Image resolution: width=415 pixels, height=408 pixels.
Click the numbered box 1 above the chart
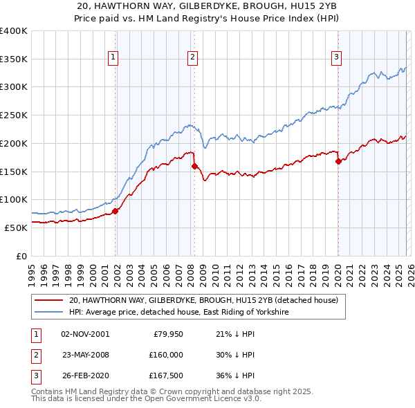tap(113, 58)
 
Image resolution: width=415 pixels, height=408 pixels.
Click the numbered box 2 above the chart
tap(192, 58)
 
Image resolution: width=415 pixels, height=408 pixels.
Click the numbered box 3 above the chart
tap(336, 58)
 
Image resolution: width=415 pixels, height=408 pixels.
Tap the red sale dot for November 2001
tap(116, 211)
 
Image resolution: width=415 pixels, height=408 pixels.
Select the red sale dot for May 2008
tap(194, 166)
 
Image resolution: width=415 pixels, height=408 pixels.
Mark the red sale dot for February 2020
tap(338, 162)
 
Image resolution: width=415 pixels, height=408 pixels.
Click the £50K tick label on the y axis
tap(15, 228)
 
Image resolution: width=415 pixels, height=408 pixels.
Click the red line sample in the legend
tap(49, 301)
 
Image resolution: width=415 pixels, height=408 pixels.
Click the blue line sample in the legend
tap(49, 313)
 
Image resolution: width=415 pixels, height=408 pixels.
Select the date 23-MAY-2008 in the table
tap(85, 355)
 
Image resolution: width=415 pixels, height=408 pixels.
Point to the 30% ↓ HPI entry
tap(235, 355)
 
